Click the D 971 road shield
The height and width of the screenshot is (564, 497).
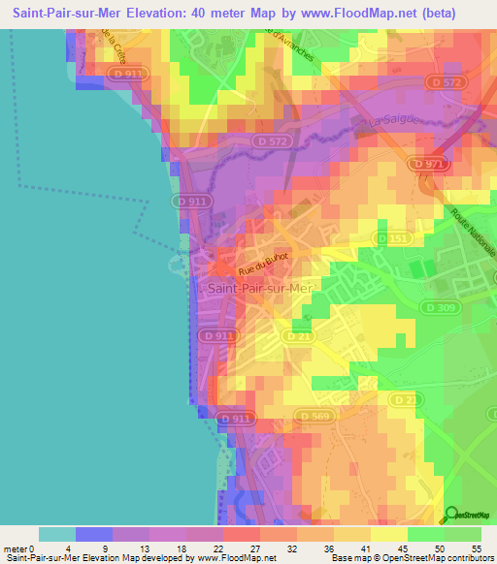(x=428, y=166)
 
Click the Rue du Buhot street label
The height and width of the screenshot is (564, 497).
(x=264, y=263)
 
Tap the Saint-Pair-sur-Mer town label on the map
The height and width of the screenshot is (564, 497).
(x=258, y=288)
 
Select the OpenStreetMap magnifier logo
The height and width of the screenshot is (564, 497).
(x=450, y=515)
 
